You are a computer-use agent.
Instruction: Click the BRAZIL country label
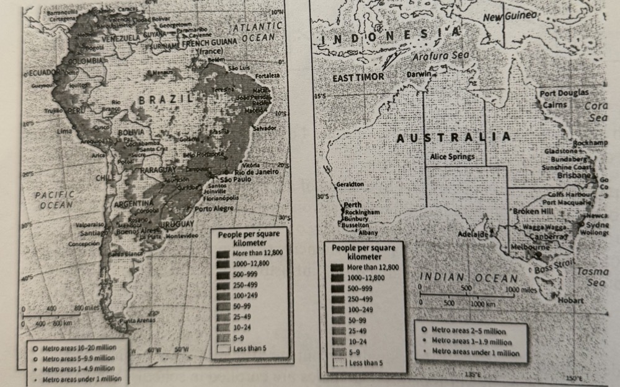pyautogui.click(x=163, y=99)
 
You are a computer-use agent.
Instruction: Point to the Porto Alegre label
pyautogui.click(x=213, y=209)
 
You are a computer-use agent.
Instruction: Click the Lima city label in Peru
pyautogui.click(x=64, y=131)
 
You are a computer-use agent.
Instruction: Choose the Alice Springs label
pyautogui.click(x=452, y=157)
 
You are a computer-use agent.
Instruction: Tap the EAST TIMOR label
pyautogui.click(x=358, y=78)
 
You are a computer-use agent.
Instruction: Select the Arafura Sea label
pyautogui.click(x=438, y=55)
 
